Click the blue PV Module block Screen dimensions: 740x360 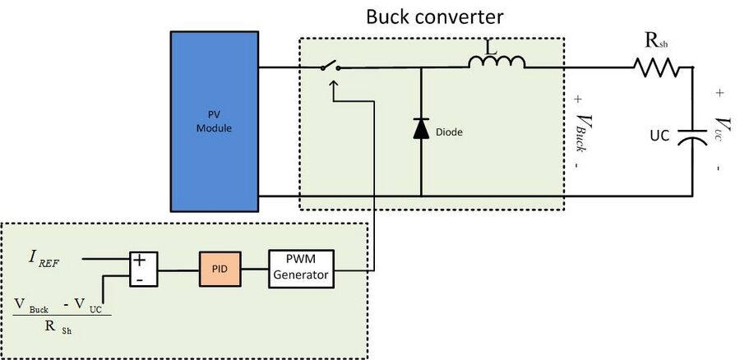215,122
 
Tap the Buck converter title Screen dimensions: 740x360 435,17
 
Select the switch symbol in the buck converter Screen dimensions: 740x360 331,66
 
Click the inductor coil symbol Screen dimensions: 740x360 497,62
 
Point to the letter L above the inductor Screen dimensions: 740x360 496,46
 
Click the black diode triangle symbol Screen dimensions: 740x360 421,128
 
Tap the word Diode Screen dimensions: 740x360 449,132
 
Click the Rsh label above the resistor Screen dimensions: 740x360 656,42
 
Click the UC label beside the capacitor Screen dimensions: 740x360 659,136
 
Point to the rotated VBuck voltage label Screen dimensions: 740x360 583,132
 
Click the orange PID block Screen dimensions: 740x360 220,269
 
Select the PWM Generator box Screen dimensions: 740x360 301,269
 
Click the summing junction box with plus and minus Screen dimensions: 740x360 143,269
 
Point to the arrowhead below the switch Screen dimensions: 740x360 333,84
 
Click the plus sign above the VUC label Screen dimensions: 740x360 719,93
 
